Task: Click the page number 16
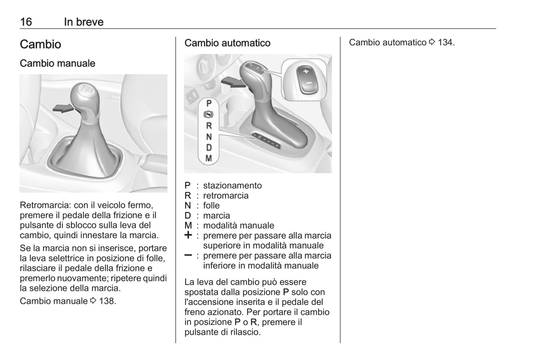pyautogui.click(x=26, y=22)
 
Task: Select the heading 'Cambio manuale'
pyautogui.click(x=57, y=63)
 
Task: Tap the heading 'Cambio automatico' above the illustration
pyautogui.click(x=227, y=43)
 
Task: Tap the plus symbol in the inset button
pyautogui.click(x=305, y=71)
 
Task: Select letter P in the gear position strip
pyautogui.click(x=209, y=103)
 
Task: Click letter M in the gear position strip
pyautogui.click(x=209, y=159)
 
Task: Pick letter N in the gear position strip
pyautogui.click(x=209, y=137)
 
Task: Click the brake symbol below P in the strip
pyautogui.click(x=209, y=115)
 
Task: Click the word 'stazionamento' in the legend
pyautogui.click(x=232, y=186)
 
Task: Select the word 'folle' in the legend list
pyautogui.click(x=211, y=206)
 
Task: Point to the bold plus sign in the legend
pyautogui.click(x=188, y=235)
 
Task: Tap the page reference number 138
pyautogui.click(x=107, y=301)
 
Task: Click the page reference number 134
pyautogui.click(x=446, y=43)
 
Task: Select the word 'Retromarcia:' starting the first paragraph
pyautogui.click(x=45, y=205)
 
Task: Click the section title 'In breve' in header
pyautogui.click(x=84, y=22)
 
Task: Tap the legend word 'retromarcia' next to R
pyautogui.click(x=226, y=196)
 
